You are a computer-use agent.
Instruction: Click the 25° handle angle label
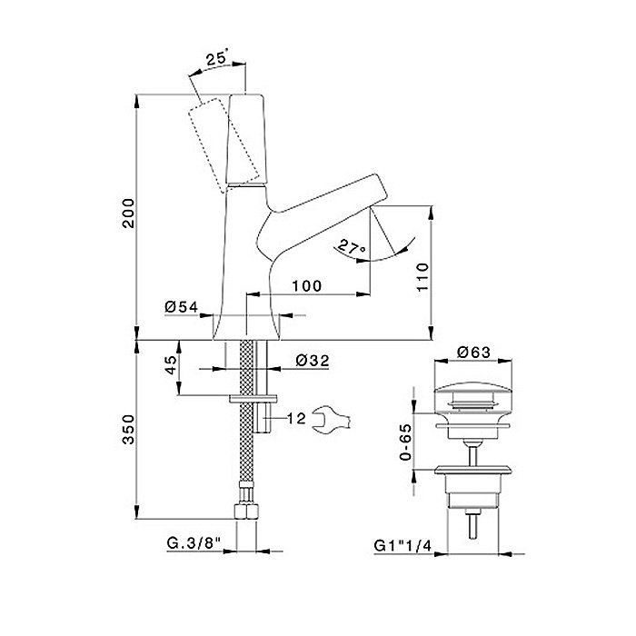pyautogui.click(x=218, y=58)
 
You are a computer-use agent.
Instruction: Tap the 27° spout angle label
pyautogui.click(x=352, y=247)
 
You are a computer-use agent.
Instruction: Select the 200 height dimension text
pyautogui.click(x=128, y=214)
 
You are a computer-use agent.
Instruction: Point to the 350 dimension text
pyautogui.click(x=128, y=429)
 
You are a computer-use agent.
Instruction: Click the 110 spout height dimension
pyautogui.click(x=422, y=277)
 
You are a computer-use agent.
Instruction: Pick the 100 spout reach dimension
pyautogui.click(x=307, y=285)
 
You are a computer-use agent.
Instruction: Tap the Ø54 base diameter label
pyautogui.click(x=182, y=307)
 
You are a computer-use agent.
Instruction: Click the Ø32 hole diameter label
pyautogui.click(x=313, y=360)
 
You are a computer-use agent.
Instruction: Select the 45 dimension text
pyautogui.click(x=171, y=365)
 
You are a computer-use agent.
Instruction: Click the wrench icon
pyautogui.click(x=332, y=421)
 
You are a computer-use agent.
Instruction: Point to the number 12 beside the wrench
pyautogui.click(x=296, y=418)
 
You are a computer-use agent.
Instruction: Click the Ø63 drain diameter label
pyautogui.click(x=473, y=352)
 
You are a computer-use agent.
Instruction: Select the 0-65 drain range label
pyautogui.click(x=405, y=442)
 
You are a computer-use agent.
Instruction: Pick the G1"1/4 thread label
pyautogui.click(x=402, y=545)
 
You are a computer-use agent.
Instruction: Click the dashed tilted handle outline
pyautogui.click(x=224, y=144)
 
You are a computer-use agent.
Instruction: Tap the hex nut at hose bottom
pyautogui.click(x=246, y=511)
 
